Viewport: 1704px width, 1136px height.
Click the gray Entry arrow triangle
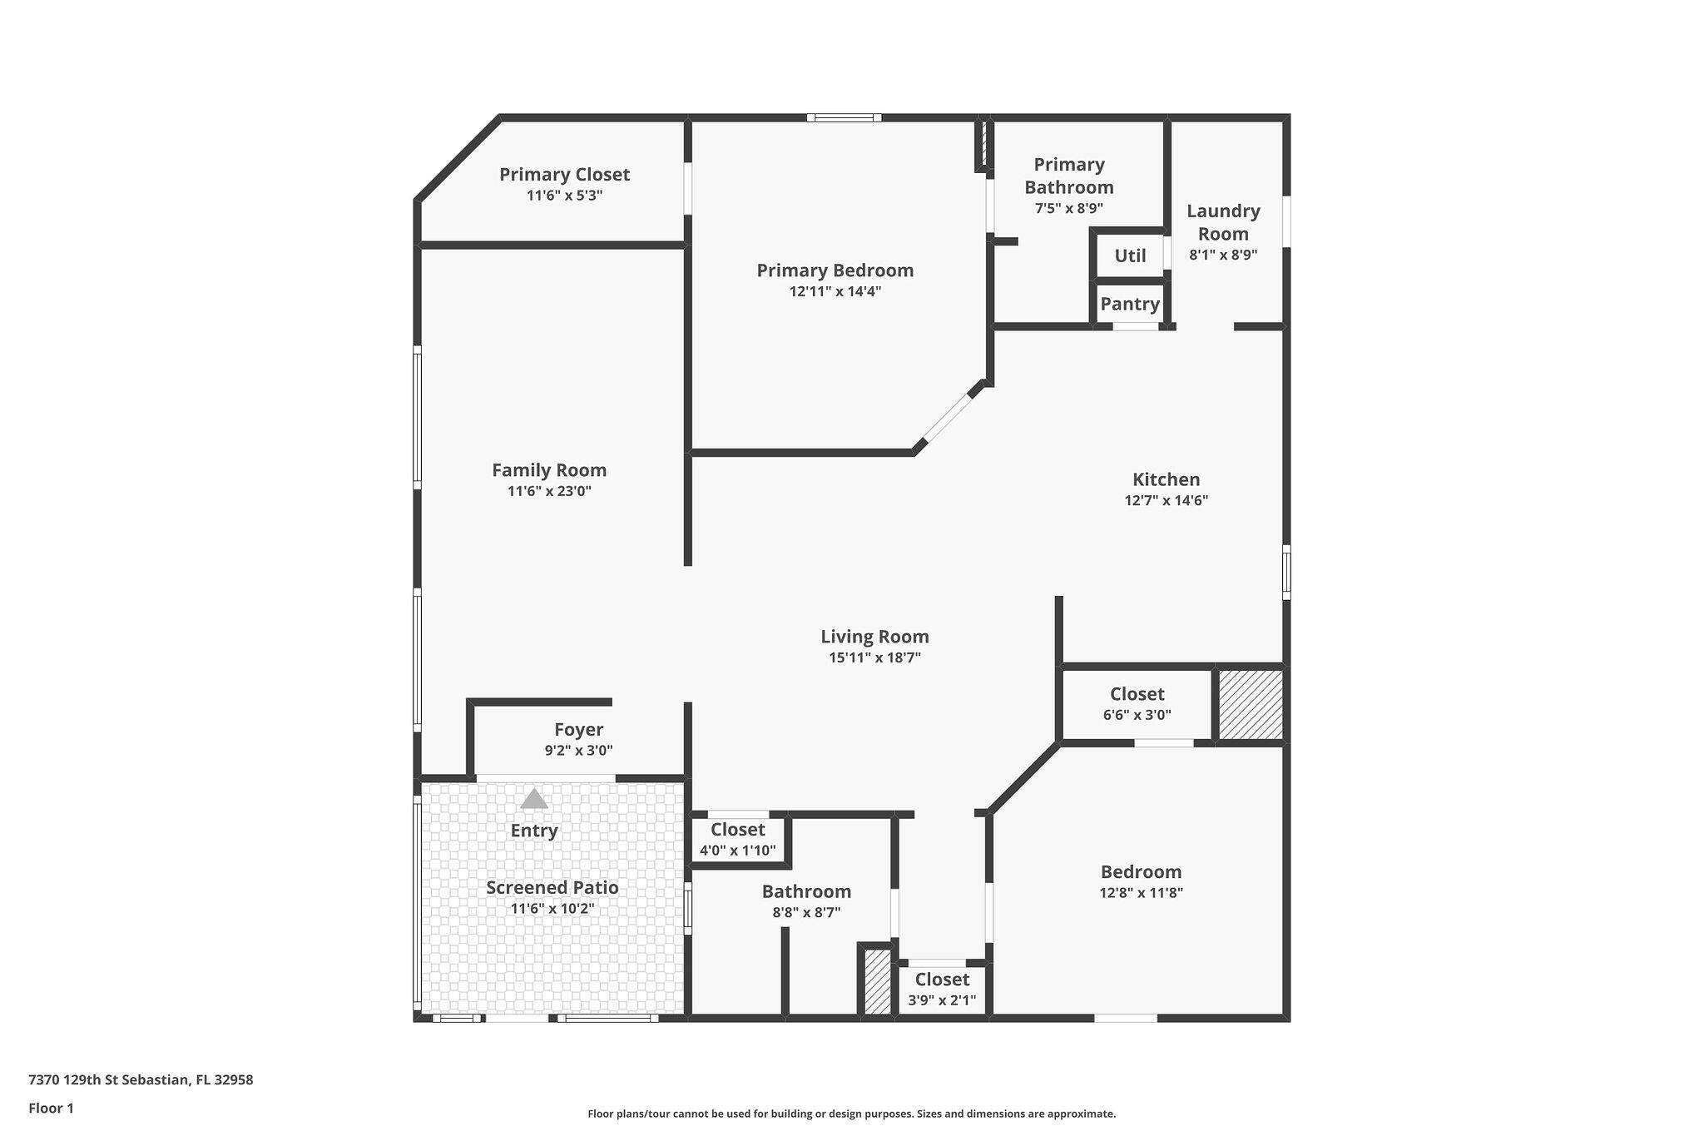coord(534,799)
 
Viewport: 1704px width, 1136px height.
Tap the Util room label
coord(1130,256)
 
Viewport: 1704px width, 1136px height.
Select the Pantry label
coord(1130,304)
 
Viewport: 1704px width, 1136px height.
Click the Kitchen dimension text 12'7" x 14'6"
coord(1166,500)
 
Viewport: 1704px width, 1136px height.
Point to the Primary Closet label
coord(564,175)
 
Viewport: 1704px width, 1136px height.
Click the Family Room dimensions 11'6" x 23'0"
coord(549,491)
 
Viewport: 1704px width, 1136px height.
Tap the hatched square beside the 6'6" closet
coord(1251,704)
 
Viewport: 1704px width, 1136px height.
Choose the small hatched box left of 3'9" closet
coord(877,982)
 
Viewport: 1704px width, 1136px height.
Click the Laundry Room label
coord(1223,222)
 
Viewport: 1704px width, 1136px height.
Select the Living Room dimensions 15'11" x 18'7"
coord(874,657)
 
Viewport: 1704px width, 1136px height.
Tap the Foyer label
coord(578,730)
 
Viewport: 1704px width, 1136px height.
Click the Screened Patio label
coord(552,887)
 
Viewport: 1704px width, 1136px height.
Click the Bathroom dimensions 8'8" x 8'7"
coord(806,912)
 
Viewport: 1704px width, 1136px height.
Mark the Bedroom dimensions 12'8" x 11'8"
coord(1141,893)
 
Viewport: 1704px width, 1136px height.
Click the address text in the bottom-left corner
coord(141,1080)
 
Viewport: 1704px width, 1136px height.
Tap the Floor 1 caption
coord(51,1108)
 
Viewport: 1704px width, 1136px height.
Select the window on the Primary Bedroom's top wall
coord(844,118)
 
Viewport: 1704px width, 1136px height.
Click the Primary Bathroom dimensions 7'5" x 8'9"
coord(1069,209)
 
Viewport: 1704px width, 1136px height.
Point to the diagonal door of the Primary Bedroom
coord(947,418)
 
